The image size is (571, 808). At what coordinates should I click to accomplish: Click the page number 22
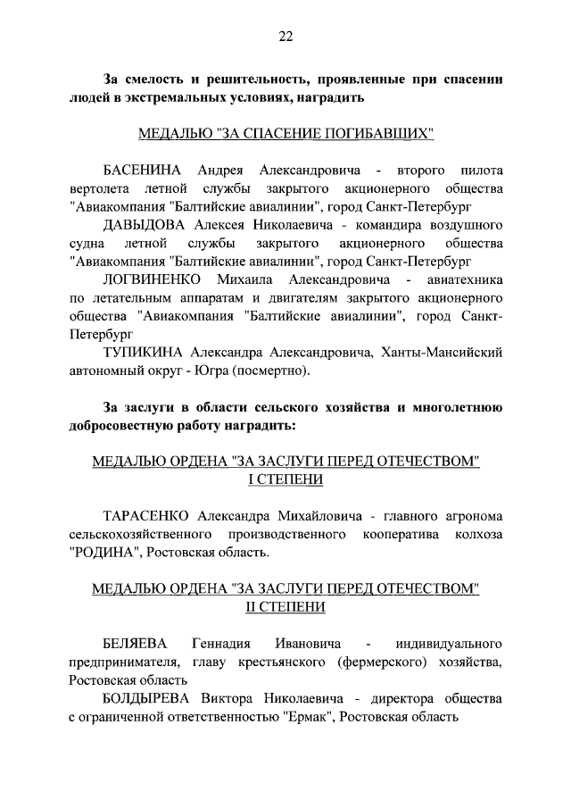(x=285, y=37)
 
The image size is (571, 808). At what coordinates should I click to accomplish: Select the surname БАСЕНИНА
(x=143, y=170)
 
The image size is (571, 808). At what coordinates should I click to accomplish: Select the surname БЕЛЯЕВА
(x=134, y=644)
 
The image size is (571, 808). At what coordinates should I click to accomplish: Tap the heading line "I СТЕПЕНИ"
(x=285, y=479)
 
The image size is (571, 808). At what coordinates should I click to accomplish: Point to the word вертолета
(x=98, y=188)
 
